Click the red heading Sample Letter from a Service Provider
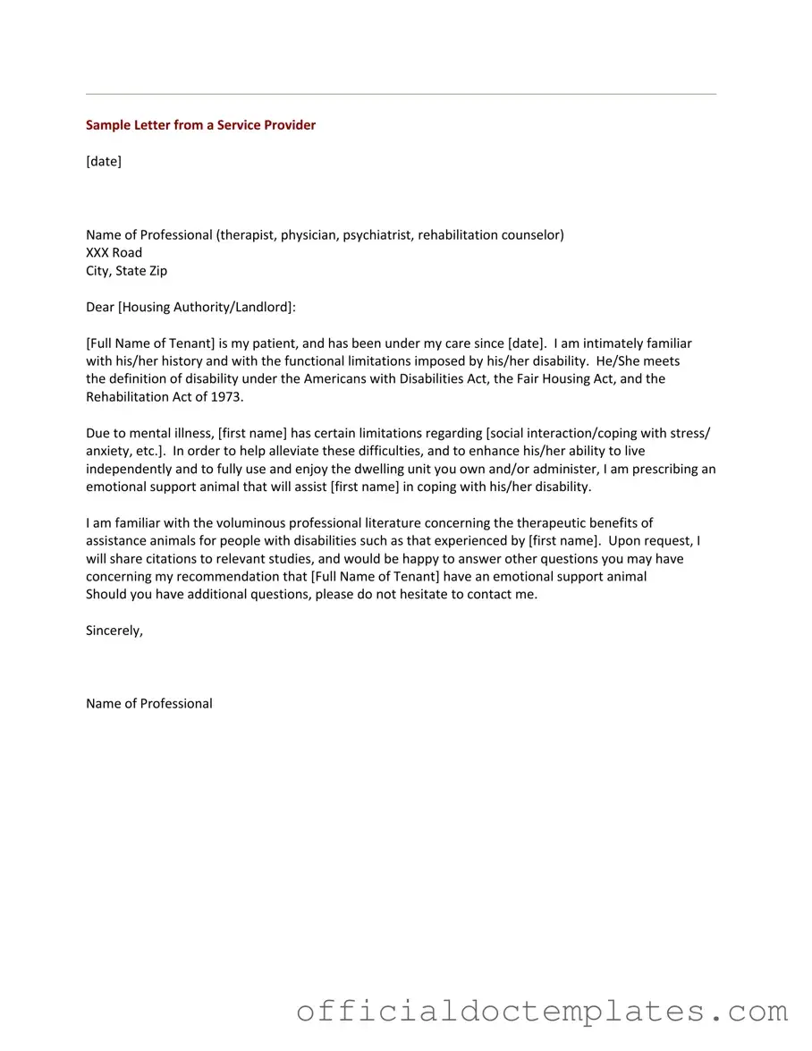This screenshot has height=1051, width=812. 200,125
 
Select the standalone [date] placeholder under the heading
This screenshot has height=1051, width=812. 104,161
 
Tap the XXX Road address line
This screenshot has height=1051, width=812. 114,252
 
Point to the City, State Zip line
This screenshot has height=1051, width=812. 126,270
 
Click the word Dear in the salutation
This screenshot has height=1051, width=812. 100,307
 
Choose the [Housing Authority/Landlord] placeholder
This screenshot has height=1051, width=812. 206,307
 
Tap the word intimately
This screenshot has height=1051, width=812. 614,343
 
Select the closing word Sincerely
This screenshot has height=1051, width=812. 114,631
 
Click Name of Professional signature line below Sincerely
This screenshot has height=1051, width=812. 149,703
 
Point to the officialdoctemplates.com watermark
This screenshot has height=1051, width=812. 542,1012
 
